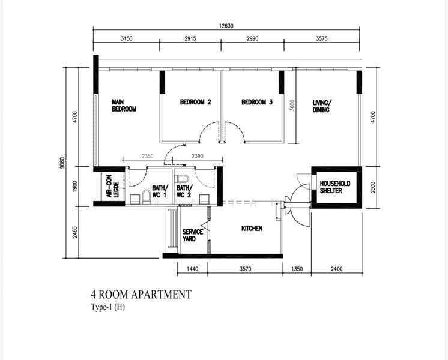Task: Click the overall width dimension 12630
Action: click(226, 25)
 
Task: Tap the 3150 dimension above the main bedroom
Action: click(126, 38)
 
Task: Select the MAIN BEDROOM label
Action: click(124, 106)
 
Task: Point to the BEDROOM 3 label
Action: click(257, 102)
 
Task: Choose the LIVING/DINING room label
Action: click(321, 106)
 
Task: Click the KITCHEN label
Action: click(252, 229)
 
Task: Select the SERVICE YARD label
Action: click(192, 235)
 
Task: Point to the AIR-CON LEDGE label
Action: click(109, 187)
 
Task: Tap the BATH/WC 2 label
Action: click(184, 191)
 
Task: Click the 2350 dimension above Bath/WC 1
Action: click(147, 157)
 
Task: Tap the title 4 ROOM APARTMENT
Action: click(141, 295)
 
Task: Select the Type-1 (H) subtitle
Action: click(108, 307)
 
